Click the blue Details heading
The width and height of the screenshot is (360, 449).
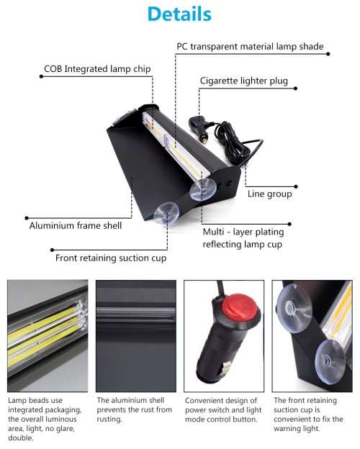[179, 14]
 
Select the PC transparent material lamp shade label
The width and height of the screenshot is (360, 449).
[250, 47]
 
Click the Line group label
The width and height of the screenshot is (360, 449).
[269, 194]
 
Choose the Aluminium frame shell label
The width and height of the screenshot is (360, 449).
[75, 225]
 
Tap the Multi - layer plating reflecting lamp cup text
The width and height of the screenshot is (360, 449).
[243, 238]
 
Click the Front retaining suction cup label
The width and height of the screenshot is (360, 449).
[111, 258]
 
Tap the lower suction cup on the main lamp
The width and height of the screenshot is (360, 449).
[166, 213]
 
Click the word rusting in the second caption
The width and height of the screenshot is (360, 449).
[111, 419]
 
